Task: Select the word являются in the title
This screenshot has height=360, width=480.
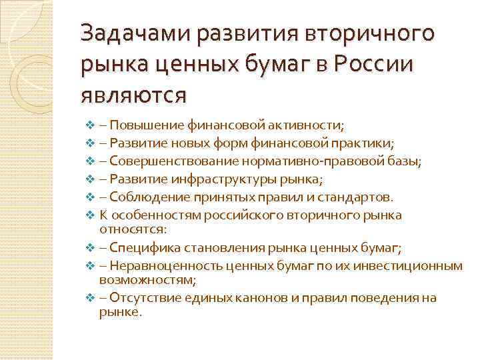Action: click(x=133, y=95)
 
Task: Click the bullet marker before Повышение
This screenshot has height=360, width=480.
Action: click(x=92, y=124)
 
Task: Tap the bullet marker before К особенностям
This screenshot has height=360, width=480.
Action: click(x=92, y=215)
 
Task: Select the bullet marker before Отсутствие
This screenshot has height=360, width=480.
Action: click(x=92, y=298)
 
